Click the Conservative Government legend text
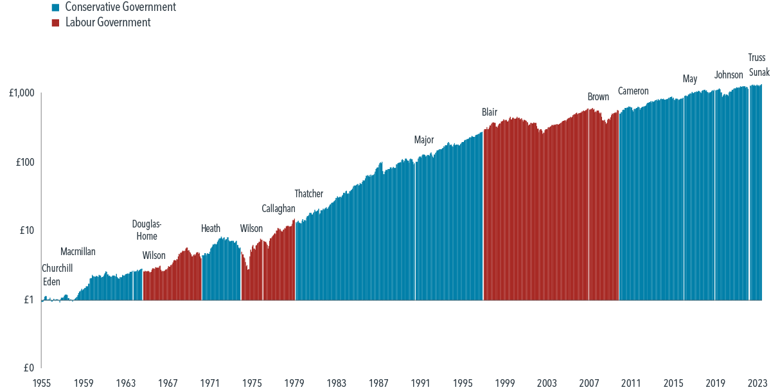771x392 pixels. [x=120, y=8]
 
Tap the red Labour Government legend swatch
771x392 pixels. [x=56, y=23]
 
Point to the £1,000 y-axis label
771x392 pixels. [x=21, y=94]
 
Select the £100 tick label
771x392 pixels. [x=24, y=163]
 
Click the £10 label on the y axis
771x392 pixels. [x=26, y=231]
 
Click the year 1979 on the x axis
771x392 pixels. [x=294, y=383]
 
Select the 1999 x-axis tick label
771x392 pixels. [x=505, y=383]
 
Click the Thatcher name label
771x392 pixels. [x=308, y=193]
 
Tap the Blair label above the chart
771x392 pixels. [x=490, y=112]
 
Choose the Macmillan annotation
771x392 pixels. [x=78, y=252]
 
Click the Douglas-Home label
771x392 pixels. [x=147, y=230]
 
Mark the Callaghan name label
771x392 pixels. [x=278, y=208]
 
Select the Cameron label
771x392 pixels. [x=633, y=91]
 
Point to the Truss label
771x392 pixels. [x=757, y=57]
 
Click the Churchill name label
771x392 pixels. [x=57, y=268]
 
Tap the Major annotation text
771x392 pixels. [x=424, y=139]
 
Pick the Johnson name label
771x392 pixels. [x=728, y=75]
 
